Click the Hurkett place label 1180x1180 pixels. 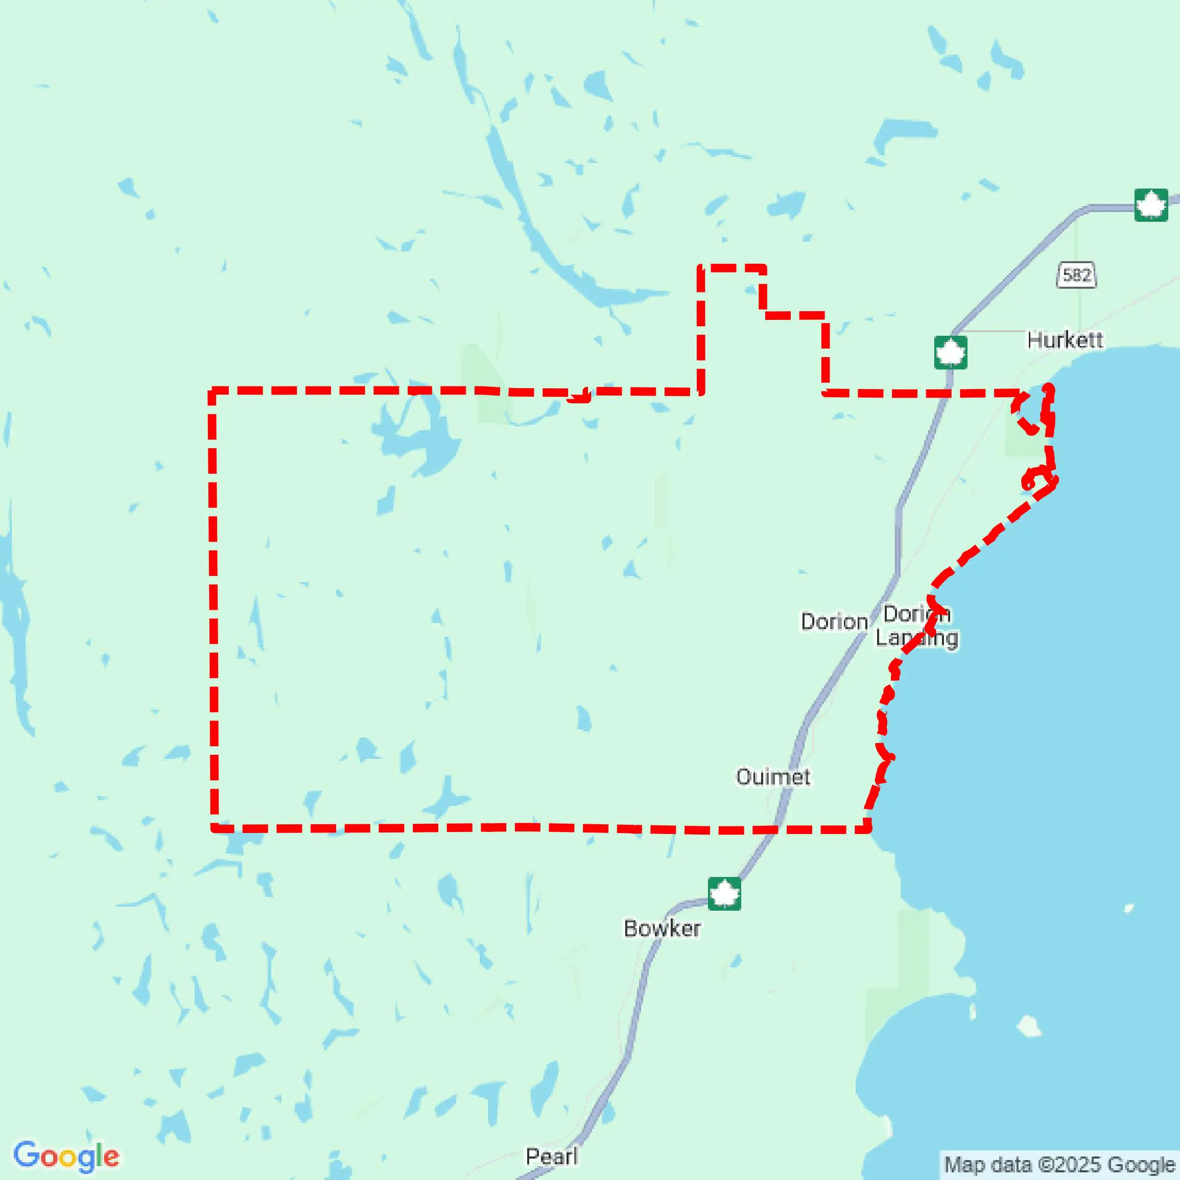[x=1065, y=340]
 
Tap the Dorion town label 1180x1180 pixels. [x=834, y=622]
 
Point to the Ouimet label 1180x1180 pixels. [x=772, y=777]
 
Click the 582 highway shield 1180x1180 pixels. [x=1076, y=275]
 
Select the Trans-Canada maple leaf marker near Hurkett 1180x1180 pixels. [x=950, y=353]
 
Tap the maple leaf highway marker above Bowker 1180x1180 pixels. [x=724, y=894]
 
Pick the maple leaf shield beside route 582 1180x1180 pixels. [x=1151, y=205]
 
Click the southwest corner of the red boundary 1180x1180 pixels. [x=214, y=828]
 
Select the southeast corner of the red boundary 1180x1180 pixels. [x=867, y=829]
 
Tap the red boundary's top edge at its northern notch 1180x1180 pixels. [x=731, y=268]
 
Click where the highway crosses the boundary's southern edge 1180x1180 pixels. [x=775, y=830]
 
